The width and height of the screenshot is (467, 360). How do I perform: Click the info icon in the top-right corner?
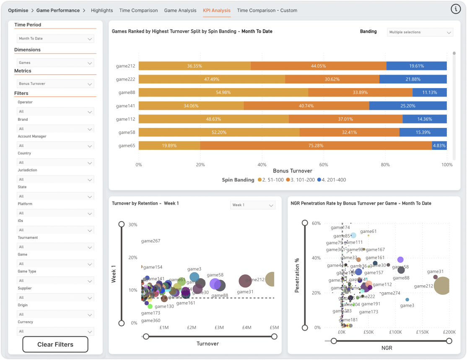coord(456,9)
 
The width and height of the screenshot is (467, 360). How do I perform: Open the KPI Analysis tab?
coord(216,10)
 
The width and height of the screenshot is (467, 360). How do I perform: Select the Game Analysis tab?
coord(180,10)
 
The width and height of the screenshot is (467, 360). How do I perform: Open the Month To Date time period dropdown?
coord(55,39)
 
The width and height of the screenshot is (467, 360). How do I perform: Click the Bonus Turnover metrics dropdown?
coord(55,84)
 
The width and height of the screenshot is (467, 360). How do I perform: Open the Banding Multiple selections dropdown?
coord(420,32)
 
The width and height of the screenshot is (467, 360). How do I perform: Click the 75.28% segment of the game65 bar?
coord(316,146)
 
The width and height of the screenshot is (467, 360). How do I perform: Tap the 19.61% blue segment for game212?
coord(416,66)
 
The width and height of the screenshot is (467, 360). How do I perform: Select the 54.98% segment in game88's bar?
coord(223,92)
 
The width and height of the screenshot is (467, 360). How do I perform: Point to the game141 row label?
coord(125,106)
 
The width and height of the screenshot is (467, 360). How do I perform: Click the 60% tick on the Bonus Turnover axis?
coord(324,165)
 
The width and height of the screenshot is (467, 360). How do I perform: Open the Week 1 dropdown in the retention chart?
coord(253,205)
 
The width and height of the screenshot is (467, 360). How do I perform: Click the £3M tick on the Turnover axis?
coord(219,328)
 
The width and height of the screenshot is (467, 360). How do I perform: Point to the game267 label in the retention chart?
coord(150,241)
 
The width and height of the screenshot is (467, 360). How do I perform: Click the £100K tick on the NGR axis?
coord(395,332)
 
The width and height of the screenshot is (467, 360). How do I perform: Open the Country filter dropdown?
coord(55,163)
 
